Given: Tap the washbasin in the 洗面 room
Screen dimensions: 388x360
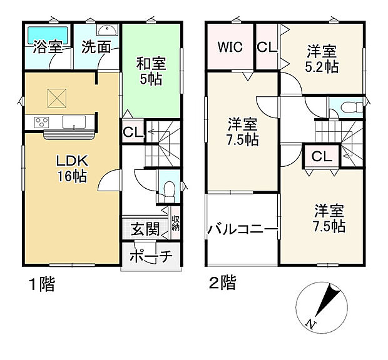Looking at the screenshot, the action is pos(107,30).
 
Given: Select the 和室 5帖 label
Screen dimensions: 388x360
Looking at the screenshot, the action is pos(151,71).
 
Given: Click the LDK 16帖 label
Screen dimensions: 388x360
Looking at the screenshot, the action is pos(72,168).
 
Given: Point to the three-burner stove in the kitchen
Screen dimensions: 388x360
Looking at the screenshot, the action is pos(41,122).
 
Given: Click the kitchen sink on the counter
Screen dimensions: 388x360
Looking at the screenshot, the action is pos(74,122).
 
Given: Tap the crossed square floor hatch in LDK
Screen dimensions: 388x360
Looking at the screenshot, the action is pos(57,98).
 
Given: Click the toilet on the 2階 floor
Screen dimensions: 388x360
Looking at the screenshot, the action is pos(352,107).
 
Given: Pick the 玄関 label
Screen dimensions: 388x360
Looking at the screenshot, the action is pos(145,229).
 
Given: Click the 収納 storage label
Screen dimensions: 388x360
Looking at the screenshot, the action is pos(175,223).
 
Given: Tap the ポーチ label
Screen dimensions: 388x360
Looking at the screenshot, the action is pos(151,256).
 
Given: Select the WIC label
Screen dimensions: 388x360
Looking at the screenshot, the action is pos(230,47).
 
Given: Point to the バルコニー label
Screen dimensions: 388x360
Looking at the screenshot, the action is pos(243,229).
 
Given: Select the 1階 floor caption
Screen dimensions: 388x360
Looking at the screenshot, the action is pos(42,284).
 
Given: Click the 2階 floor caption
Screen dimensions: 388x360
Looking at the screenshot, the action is pos(222,282).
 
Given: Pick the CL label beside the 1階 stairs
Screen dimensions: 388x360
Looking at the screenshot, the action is pos(133,132).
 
